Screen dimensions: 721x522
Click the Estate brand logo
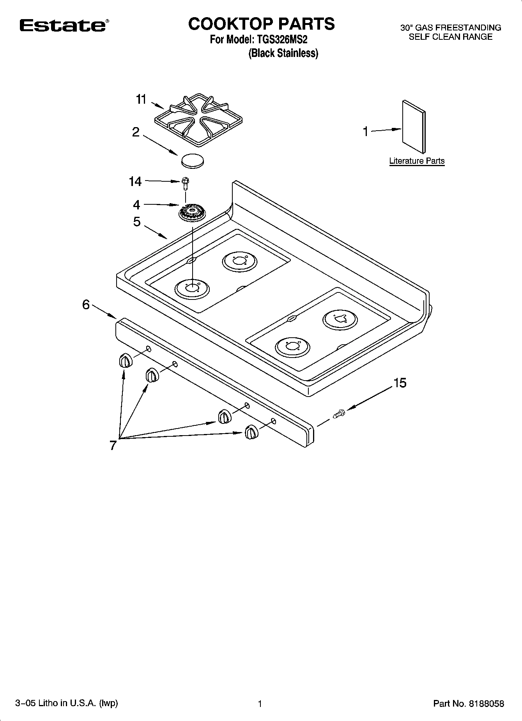[x=63, y=25]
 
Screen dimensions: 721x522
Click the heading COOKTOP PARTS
[x=261, y=24]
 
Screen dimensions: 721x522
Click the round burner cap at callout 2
[x=193, y=161]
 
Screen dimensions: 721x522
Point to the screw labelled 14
[x=186, y=183]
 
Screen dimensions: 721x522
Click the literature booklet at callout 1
[x=414, y=126]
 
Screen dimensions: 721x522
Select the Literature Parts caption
[x=417, y=161]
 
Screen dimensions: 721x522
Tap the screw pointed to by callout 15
[x=339, y=414]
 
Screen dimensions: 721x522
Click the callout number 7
[x=113, y=445]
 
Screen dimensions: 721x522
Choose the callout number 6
[x=86, y=305]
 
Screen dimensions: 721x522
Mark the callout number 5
[x=136, y=222]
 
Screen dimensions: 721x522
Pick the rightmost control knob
[x=251, y=432]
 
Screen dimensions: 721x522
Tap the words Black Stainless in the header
[x=283, y=53]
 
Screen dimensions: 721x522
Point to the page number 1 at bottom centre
[x=260, y=703]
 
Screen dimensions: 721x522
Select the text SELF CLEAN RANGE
[x=450, y=37]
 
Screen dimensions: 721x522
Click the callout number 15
[x=400, y=383]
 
